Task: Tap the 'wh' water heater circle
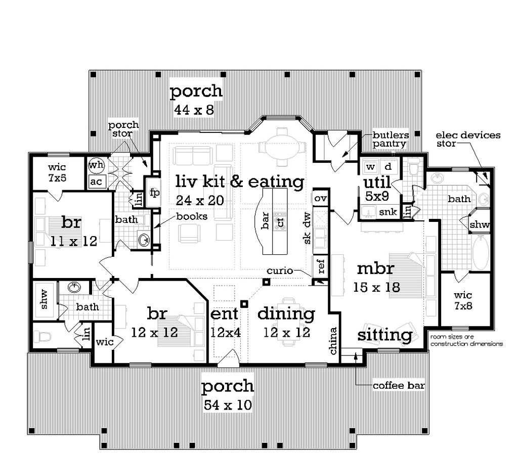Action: point(96,165)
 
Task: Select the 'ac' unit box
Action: point(96,181)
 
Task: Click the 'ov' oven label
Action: point(320,198)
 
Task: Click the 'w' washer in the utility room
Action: point(370,166)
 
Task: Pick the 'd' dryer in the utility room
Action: point(388,166)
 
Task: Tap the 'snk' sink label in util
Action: point(388,212)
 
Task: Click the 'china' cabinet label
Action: point(333,341)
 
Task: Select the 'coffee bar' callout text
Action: point(399,386)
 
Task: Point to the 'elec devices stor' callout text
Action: point(468,139)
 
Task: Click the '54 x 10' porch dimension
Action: point(228,405)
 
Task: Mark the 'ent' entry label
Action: point(224,313)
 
